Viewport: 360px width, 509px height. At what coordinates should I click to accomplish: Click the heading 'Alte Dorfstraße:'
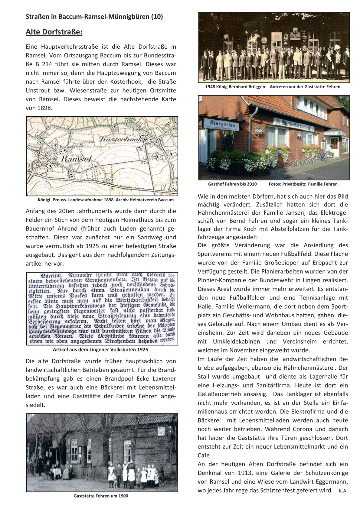pos(54,32)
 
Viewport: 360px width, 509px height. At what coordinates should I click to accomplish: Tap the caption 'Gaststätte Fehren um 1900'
pos(101,496)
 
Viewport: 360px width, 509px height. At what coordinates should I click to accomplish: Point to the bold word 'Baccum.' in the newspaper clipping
pos(51,276)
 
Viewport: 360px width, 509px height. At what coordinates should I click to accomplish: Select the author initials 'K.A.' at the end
pos(343,491)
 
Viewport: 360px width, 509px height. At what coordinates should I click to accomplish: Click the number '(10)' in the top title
pos(156,17)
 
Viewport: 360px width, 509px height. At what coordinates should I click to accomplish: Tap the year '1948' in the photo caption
pos(210,87)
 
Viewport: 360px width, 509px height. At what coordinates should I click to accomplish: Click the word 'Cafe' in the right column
pos(203,456)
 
